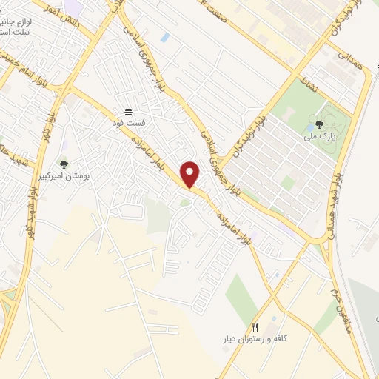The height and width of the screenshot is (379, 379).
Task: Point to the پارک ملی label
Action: [319, 137]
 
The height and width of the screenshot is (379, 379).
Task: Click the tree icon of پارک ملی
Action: [319, 125]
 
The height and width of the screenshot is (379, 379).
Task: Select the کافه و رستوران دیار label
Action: [255, 338]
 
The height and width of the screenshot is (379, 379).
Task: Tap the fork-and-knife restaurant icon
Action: [255, 326]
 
